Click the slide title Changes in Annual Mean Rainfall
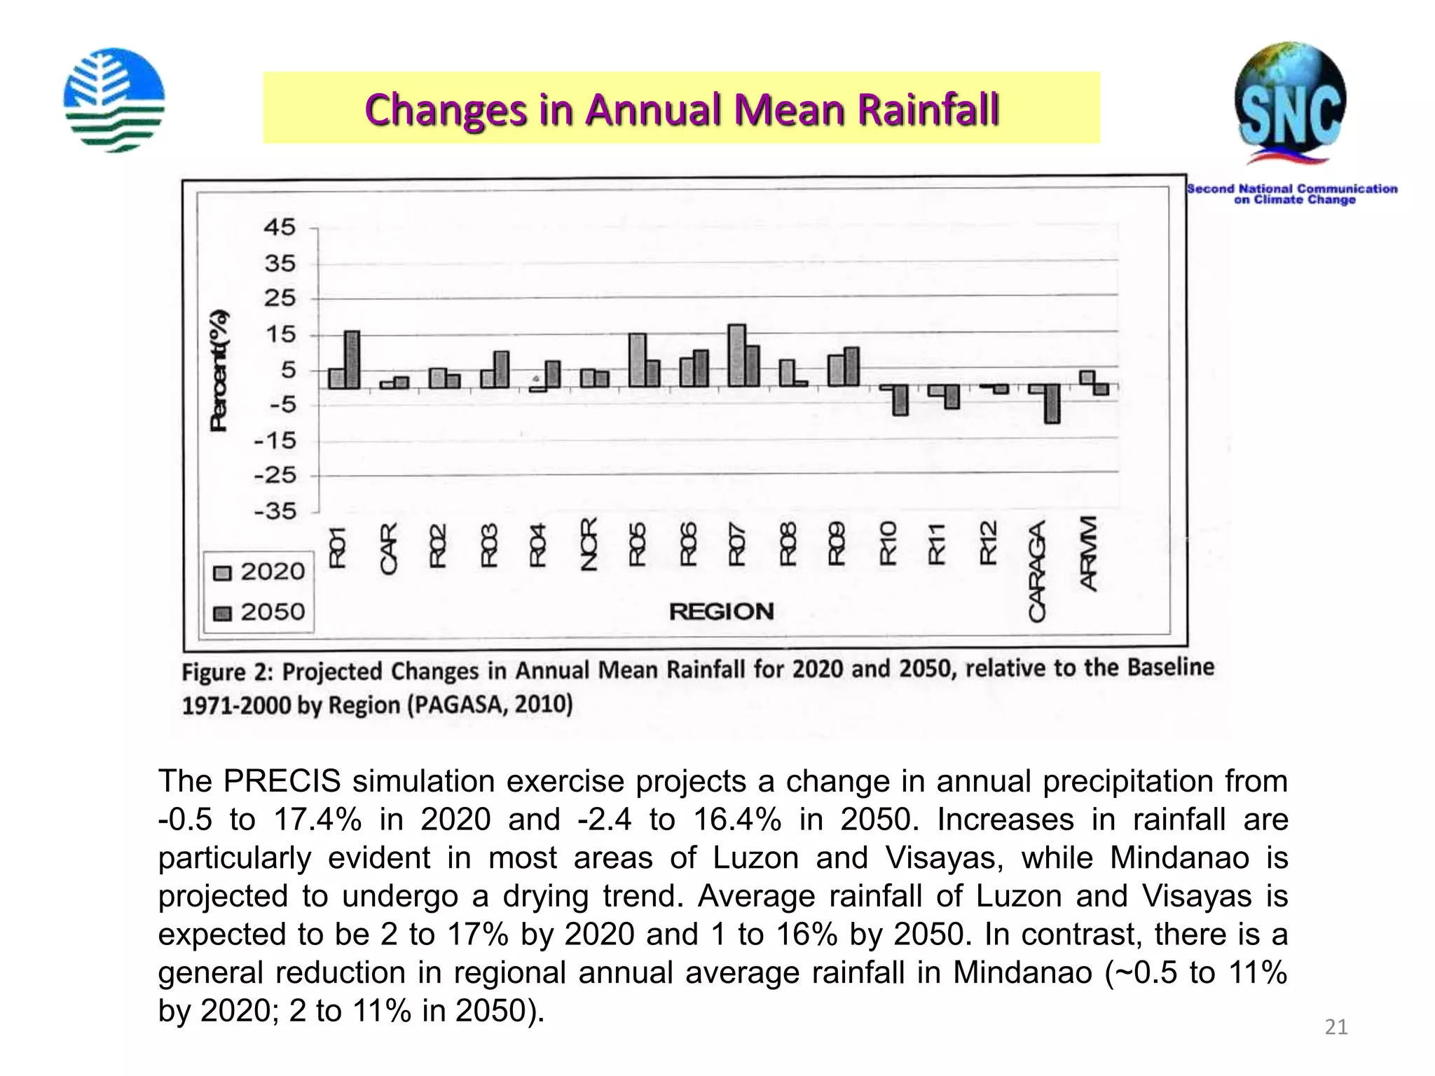coord(681,110)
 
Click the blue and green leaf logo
coord(114,99)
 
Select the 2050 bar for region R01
coord(352,359)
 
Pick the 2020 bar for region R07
coord(737,355)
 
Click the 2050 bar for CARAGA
coord(1052,403)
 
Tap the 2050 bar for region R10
coord(901,400)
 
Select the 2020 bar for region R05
coord(637,360)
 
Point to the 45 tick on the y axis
coord(280,228)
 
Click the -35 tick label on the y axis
coord(275,511)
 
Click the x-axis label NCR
coord(589,544)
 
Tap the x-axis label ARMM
coord(1088,553)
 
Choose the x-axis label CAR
coord(388,549)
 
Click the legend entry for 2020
coord(259,572)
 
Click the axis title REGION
coord(721,612)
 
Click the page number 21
coord(1336,1027)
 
